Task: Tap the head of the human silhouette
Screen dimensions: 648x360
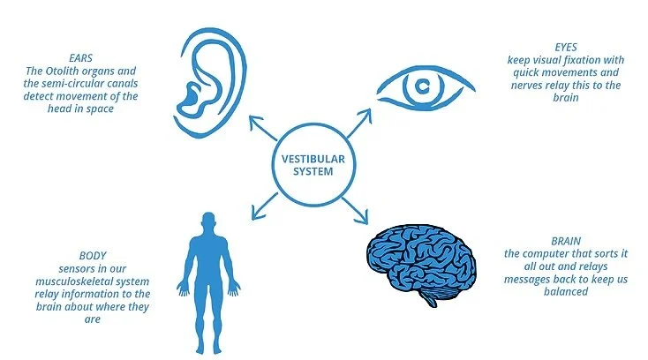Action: pos(207,222)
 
